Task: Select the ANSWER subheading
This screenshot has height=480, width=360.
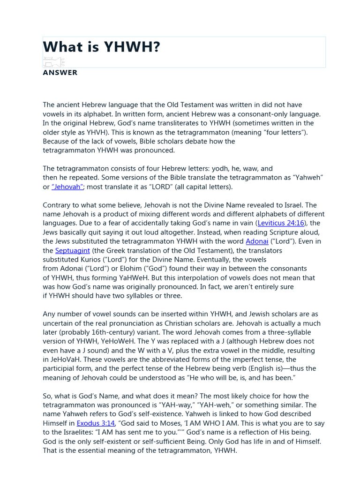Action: pos(60,73)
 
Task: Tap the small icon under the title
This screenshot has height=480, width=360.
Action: pos(53,62)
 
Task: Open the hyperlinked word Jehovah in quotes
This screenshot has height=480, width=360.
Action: pos(68,187)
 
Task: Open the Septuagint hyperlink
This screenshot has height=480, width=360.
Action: pos(72,251)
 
